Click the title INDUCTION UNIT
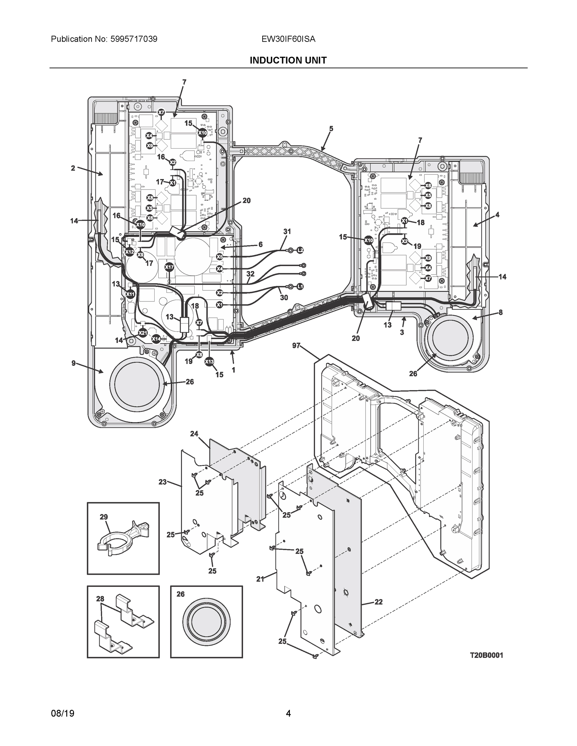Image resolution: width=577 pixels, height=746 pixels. [x=288, y=61]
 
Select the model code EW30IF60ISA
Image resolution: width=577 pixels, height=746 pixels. [x=288, y=39]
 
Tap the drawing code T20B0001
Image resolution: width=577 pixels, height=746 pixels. [x=486, y=655]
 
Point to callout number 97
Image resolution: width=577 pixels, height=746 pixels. [x=296, y=346]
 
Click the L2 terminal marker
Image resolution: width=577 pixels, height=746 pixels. [x=300, y=250]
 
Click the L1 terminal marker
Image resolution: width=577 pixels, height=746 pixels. [x=300, y=287]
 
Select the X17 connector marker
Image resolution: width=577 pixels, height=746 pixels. [x=169, y=267]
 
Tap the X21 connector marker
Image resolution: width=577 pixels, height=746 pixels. [x=142, y=333]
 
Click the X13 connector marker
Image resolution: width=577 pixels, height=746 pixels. [x=209, y=362]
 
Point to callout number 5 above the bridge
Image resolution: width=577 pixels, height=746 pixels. [x=331, y=129]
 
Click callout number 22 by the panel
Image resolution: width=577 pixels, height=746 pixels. [x=378, y=601]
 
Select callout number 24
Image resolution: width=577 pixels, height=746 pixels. [x=194, y=434]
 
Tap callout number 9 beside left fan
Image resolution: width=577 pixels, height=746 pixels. [x=73, y=363]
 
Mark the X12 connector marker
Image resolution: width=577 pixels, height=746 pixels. [x=129, y=252]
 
